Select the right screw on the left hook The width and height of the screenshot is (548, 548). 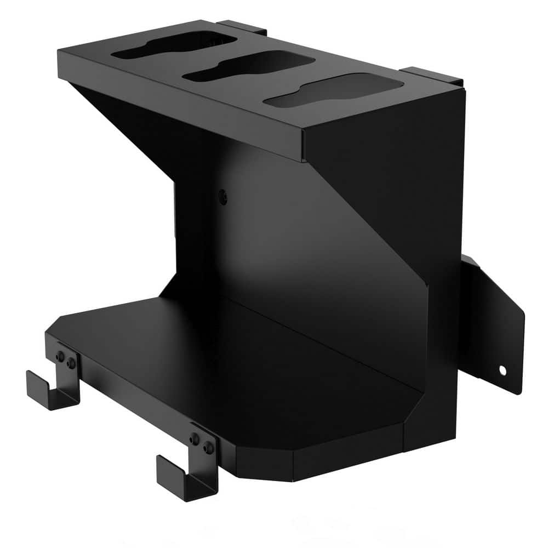click(71, 363)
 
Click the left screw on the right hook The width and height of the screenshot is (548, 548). click(195, 439)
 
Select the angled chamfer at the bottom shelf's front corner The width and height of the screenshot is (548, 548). click(263, 458)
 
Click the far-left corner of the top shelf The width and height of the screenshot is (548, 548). click(60, 52)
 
